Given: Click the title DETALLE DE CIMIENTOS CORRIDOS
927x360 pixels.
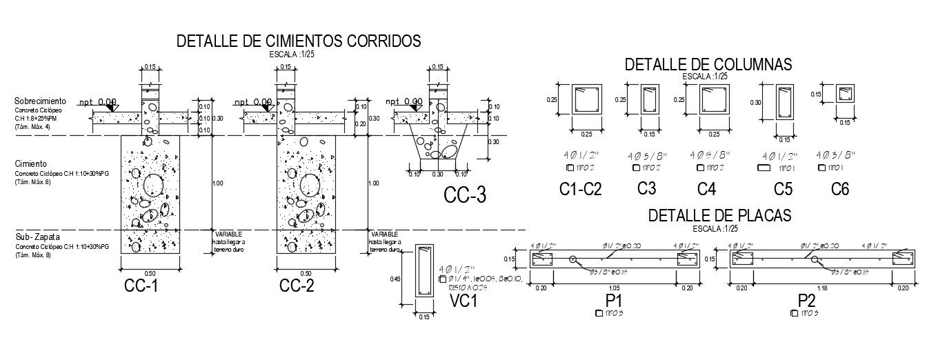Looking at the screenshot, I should point(299,41).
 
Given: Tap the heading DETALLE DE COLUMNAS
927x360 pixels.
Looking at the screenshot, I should point(708,65).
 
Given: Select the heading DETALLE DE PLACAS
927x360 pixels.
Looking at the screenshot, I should point(719,216).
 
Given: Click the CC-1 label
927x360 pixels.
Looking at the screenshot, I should point(141,286).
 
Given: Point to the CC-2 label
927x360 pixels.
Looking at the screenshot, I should point(297,286).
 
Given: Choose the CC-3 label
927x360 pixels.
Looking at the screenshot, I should point(464,196).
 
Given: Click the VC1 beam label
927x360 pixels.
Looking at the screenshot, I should point(464,301).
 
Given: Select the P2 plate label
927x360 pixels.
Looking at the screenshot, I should point(807,301).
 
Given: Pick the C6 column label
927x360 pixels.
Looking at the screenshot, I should point(839,189).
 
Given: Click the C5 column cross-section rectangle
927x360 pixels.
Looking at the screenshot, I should point(784,102).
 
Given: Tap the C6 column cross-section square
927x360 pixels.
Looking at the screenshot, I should point(844,94).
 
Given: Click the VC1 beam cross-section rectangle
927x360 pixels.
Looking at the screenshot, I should point(424,272).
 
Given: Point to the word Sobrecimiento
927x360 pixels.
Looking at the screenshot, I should point(41,101).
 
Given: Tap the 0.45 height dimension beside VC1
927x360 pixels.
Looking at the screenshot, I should point(395,279).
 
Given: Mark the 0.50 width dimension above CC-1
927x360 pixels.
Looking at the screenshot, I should point(150,274).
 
